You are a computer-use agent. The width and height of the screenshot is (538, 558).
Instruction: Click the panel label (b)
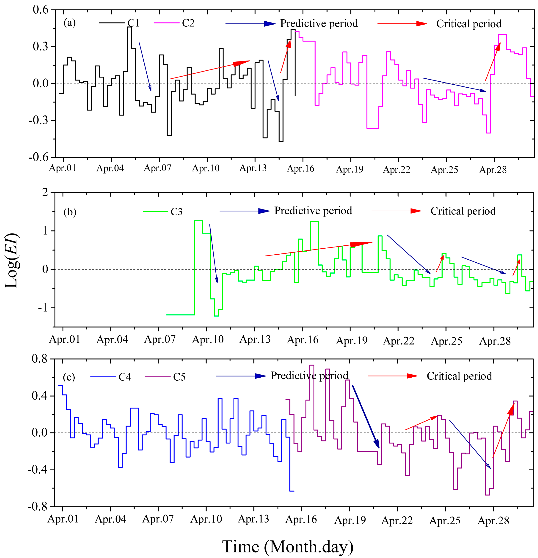70,212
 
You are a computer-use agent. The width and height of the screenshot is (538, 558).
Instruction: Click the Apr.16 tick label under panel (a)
300,169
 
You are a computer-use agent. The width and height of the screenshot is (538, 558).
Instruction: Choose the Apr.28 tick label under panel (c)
493,521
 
